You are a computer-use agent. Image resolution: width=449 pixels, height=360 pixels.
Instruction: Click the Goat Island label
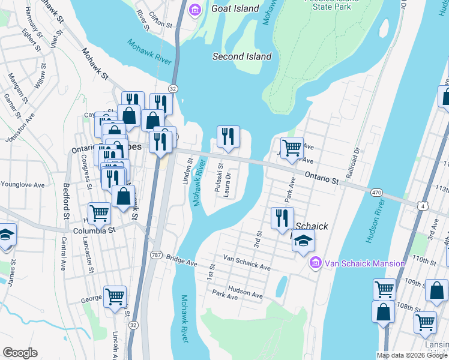click(x=235, y=9)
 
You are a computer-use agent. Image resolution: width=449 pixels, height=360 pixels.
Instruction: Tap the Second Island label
click(x=242, y=56)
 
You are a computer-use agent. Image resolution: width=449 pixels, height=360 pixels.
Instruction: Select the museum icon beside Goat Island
click(x=195, y=10)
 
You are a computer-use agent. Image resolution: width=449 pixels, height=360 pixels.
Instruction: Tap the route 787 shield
click(x=155, y=254)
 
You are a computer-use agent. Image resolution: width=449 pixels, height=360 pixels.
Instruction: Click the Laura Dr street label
click(x=228, y=184)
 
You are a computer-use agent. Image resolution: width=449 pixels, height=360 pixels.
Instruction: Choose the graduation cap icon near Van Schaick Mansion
click(x=304, y=241)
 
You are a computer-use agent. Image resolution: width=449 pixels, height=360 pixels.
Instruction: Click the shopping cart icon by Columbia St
click(x=99, y=213)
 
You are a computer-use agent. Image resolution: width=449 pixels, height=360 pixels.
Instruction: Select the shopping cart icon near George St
click(x=115, y=296)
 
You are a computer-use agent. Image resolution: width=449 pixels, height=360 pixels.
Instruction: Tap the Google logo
click(x=20, y=353)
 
